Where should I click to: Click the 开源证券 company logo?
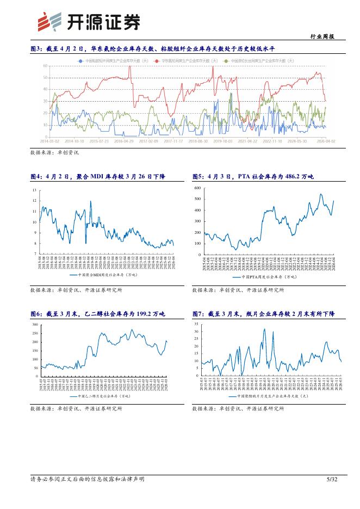click(x=88, y=22)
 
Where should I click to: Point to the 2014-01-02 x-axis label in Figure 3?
click(x=50, y=140)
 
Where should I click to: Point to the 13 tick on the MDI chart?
click(x=34, y=190)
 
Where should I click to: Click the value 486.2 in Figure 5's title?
click(x=285, y=177)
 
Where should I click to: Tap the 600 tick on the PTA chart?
click(x=197, y=188)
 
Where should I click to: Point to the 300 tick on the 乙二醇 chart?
click(x=35, y=325)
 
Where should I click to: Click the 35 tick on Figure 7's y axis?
click(x=196, y=324)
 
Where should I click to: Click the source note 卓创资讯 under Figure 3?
click(x=68, y=152)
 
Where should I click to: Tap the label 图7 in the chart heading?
click(x=198, y=314)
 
